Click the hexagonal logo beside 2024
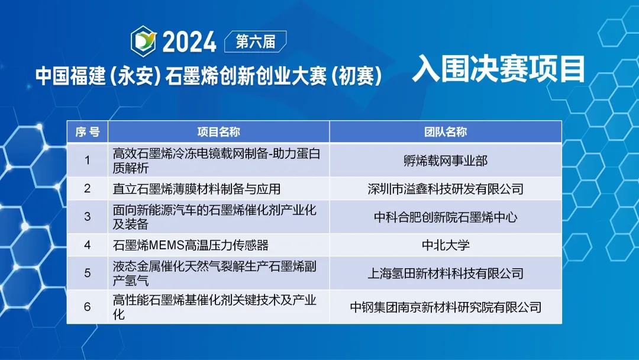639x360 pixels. tap(143, 41)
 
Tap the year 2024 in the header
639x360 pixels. tap(189, 42)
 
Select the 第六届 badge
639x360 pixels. tap(256, 41)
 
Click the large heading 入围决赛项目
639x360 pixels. tap(499, 69)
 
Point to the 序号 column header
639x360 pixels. tap(87, 131)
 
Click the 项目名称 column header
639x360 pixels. tap(219, 131)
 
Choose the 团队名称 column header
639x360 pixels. tap(446, 131)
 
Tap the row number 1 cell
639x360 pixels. tap(87, 160)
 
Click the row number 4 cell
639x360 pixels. tap(87, 245)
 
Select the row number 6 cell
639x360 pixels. tap(87, 307)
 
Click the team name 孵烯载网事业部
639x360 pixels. tap(446, 160)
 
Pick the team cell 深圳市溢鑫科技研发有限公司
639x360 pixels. tap(446, 189)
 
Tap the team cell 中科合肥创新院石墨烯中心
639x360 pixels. tap(446, 217)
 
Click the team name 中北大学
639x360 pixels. tap(446, 245)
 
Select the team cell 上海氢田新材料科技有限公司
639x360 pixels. tap(446, 273)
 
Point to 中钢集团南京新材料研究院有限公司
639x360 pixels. tap(446, 307)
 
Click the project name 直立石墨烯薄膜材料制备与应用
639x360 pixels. tap(196, 189)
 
